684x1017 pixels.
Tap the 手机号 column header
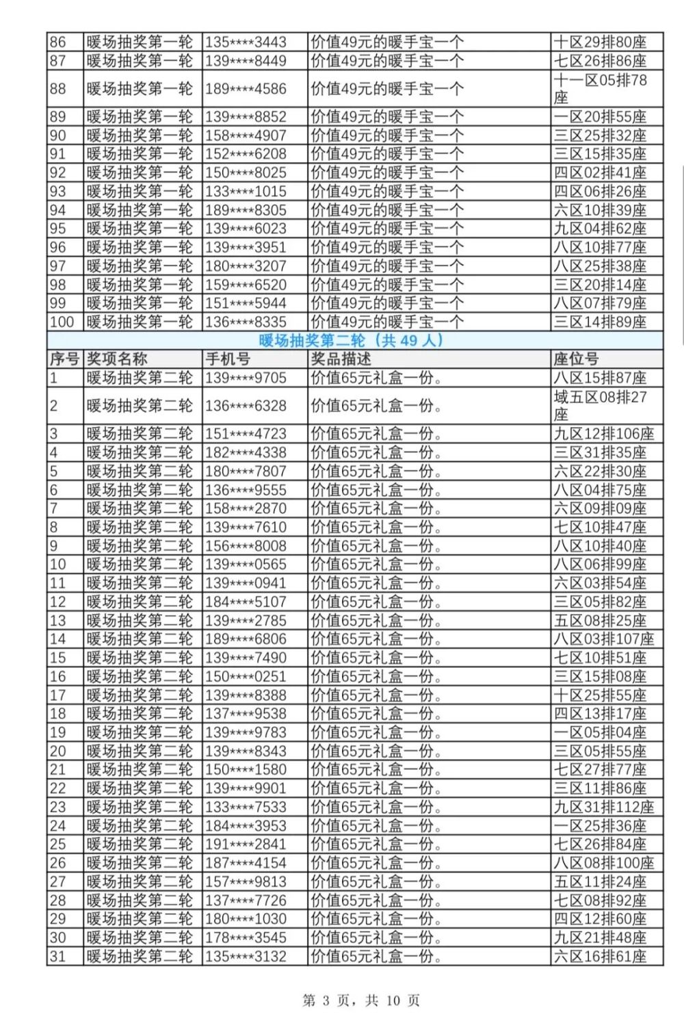pyautogui.click(x=228, y=359)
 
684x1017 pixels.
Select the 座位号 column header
pyautogui.click(x=576, y=359)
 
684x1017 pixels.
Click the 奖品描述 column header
pyautogui.click(x=341, y=359)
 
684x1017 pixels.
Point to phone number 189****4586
pyautogui.click(x=246, y=89)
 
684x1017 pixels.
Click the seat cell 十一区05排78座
pyautogui.click(x=600, y=89)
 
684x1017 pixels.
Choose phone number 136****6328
pyautogui.click(x=246, y=406)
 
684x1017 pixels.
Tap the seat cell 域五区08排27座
pyautogui.click(x=600, y=406)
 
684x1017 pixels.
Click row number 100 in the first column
pyautogui.click(x=62, y=322)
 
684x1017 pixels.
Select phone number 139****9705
pyautogui.click(x=246, y=378)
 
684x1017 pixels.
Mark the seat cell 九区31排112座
pyautogui.click(x=603, y=807)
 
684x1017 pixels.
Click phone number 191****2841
pyautogui.click(x=246, y=845)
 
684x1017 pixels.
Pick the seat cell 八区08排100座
pyautogui.click(x=603, y=863)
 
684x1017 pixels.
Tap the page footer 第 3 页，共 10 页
pyautogui.click(x=361, y=1001)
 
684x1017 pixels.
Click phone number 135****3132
pyautogui.click(x=246, y=956)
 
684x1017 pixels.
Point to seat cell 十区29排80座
pyautogui.click(x=600, y=42)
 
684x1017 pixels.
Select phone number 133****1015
pyautogui.click(x=246, y=192)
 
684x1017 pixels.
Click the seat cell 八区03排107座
pyautogui.click(x=603, y=639)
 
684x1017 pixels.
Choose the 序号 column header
pyautogui.click(x=64, y=359)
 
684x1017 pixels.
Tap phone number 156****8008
pyautogui.click(x=246, y=546)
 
